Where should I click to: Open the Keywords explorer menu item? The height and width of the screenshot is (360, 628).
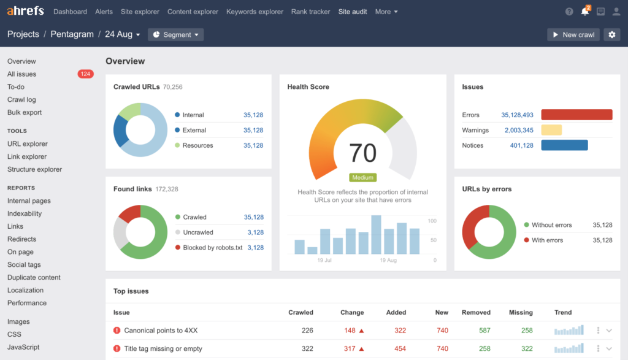tap(255, 12)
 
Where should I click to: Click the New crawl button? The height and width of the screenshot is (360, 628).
tap(573, 35)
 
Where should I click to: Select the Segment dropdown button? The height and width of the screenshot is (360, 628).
tap(176, 35)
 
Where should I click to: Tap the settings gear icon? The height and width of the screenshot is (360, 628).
tap(611, 35)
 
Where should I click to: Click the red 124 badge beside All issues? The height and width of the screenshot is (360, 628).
tap(85, 74)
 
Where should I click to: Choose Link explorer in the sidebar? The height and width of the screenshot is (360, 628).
tap(27, 156)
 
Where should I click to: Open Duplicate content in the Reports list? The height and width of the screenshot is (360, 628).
tap(34, 277)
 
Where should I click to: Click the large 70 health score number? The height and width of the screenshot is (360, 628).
tap(362, 152)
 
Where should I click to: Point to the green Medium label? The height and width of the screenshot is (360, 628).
tap(362, 178)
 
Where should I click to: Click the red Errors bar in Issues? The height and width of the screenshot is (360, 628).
tap(576, 115)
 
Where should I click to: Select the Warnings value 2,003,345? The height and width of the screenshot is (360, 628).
tap(519, 130)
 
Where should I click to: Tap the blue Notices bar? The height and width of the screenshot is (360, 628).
tap(564, 145)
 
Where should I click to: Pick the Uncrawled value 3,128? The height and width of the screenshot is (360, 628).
tap(255, 232)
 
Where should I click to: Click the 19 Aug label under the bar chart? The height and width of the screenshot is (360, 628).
tap(388, 261)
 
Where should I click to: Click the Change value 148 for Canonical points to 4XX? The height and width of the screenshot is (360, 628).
tap(350, 331)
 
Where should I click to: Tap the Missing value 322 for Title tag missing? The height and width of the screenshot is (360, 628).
tap(526, 349)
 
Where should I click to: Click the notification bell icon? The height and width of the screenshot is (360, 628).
tap(584, 12)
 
